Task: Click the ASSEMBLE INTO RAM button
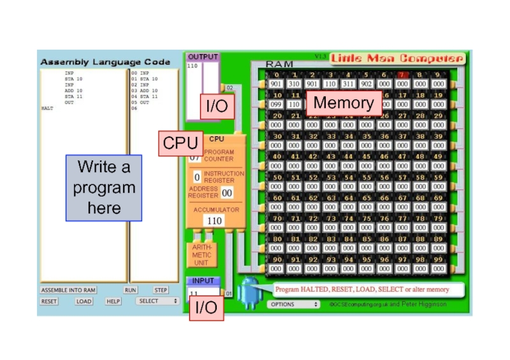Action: [x=68, y=290]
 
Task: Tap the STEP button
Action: [x=161, y=290]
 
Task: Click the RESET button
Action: [x=49, y=301]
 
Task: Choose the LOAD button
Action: [x=84, y=301]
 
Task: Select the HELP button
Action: [x=113, y=301]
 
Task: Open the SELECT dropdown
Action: [x=157, y=301]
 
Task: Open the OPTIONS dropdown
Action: [x=293, y=305]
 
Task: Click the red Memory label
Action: [x=344, y=103]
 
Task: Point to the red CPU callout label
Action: [x=180, y=143]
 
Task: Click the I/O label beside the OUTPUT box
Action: [x=217, y=106]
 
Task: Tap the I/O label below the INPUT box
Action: [x=206, y=308]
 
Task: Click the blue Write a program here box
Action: [x=104, y=188]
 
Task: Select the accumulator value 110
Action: [x=214, y=220]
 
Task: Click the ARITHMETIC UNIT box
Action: [x=201, y=254]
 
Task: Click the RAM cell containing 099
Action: [x=275, y=104]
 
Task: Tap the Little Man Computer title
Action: [x=397, y=59]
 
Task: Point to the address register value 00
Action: [x=226, y=192]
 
